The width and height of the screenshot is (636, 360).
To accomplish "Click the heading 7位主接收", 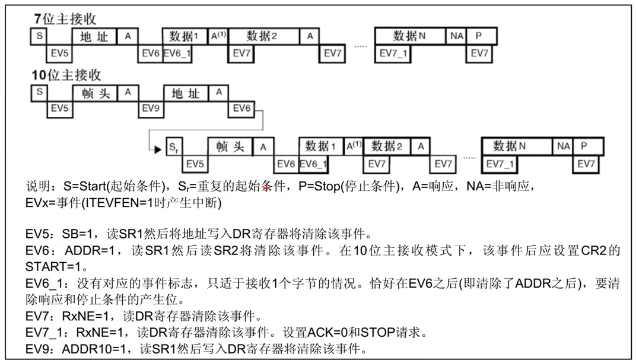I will click(65, 19).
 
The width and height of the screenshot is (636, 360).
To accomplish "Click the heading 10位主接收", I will click(66, 75).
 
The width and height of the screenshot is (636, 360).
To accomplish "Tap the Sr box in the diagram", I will click(173, 146).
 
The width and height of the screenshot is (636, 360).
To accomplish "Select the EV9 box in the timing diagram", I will click(151, 109).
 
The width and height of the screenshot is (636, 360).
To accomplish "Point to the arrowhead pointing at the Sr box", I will click(157, 149).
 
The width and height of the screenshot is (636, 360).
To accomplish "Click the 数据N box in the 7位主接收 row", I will click(410, 36).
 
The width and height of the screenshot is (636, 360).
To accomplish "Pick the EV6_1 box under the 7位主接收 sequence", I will click(177, 53).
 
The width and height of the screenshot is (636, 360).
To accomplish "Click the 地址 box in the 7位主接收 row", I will click(95, 36).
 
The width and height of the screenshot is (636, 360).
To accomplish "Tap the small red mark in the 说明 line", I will click(266, 187).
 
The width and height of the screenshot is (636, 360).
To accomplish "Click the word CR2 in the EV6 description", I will click(595, 250).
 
